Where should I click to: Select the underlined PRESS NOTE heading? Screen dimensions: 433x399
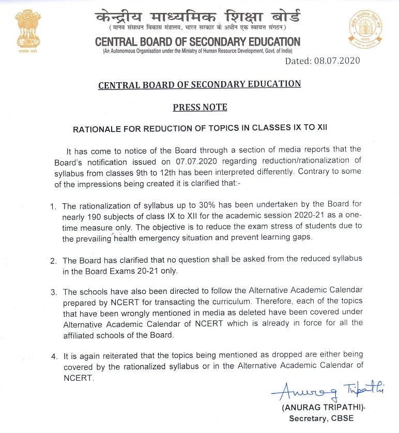pyautogui.click(x=199, y=107)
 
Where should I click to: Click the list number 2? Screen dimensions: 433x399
pyautogui.click(x=53, y=259)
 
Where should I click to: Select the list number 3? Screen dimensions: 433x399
pyautogui.click(x=53, y=292)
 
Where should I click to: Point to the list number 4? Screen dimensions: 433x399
pyautogui.click(x=53, y=356)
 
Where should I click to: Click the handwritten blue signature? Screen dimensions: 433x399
pyautogui.click(x=327, y=392)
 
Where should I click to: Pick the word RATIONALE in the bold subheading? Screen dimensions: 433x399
pyautogui.click(x=98, y=127)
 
